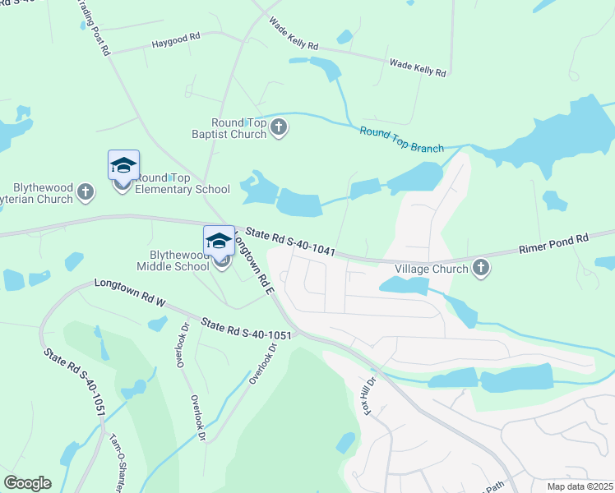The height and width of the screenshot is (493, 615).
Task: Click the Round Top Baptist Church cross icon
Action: click(x=280, y=127)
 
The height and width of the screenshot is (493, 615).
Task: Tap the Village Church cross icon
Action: click(x=480, y=268)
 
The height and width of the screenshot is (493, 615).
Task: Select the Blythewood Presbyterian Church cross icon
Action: click(x=85, y=193)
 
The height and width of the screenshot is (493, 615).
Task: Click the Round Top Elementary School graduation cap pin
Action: click(x=123, y=167)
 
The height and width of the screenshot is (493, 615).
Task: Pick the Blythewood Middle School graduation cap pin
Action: click(x=219, y=242)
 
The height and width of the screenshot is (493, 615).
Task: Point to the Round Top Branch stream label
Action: click(x=401, y=141)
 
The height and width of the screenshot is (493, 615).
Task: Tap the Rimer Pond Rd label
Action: click(x=553, y=244)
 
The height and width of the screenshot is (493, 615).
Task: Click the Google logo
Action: click(x=27, y=483)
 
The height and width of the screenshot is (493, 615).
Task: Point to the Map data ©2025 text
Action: click(x=580, y=486)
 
